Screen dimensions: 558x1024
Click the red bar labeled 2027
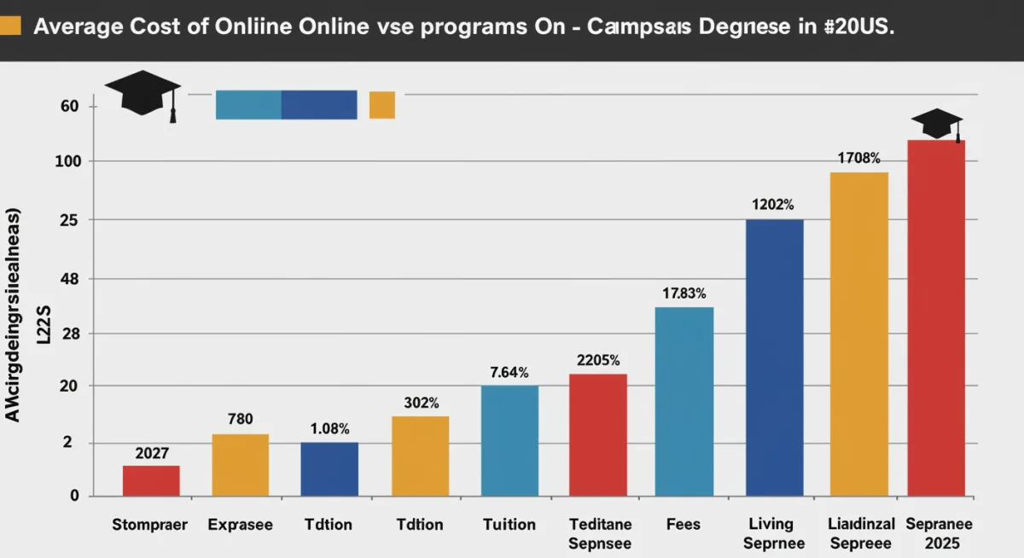pyautogui.click(x=151, y=480)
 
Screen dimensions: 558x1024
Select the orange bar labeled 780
pyautogui.click(x=240, y=465)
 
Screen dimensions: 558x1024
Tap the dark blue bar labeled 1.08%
pyautogui.click(x=329, y=469)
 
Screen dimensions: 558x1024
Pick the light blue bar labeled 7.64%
pyautogui.click(x=509, y=440)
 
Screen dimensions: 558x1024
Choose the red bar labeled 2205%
pyautogui.click(x=597, y=435)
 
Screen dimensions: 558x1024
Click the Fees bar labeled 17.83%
pyautogui.click(x=684, y=401)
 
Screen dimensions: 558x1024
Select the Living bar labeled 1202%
pyautogui.click(x=775, y=357)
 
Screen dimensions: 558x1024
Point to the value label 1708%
pyautogui.click(x=858, y=158)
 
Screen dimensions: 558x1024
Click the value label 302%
pyautogui.click(x=421, y=402)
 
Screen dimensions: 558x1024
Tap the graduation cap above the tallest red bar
pyautogui.click(x=937, y=125)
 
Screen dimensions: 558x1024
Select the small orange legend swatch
pyautogui.click(x=381, y=105)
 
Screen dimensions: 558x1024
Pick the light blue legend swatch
pyautogui.click(x=248, y=105)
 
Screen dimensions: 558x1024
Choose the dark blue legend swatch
pyautogui.click(x=318, y=105)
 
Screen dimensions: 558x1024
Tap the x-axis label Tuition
pyautogui.click(x=509, y=525)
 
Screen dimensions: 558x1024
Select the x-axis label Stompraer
pyautogui.click(x=149, y=525)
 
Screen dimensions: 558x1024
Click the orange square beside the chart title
pyautogui.click(x=11, y=26)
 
